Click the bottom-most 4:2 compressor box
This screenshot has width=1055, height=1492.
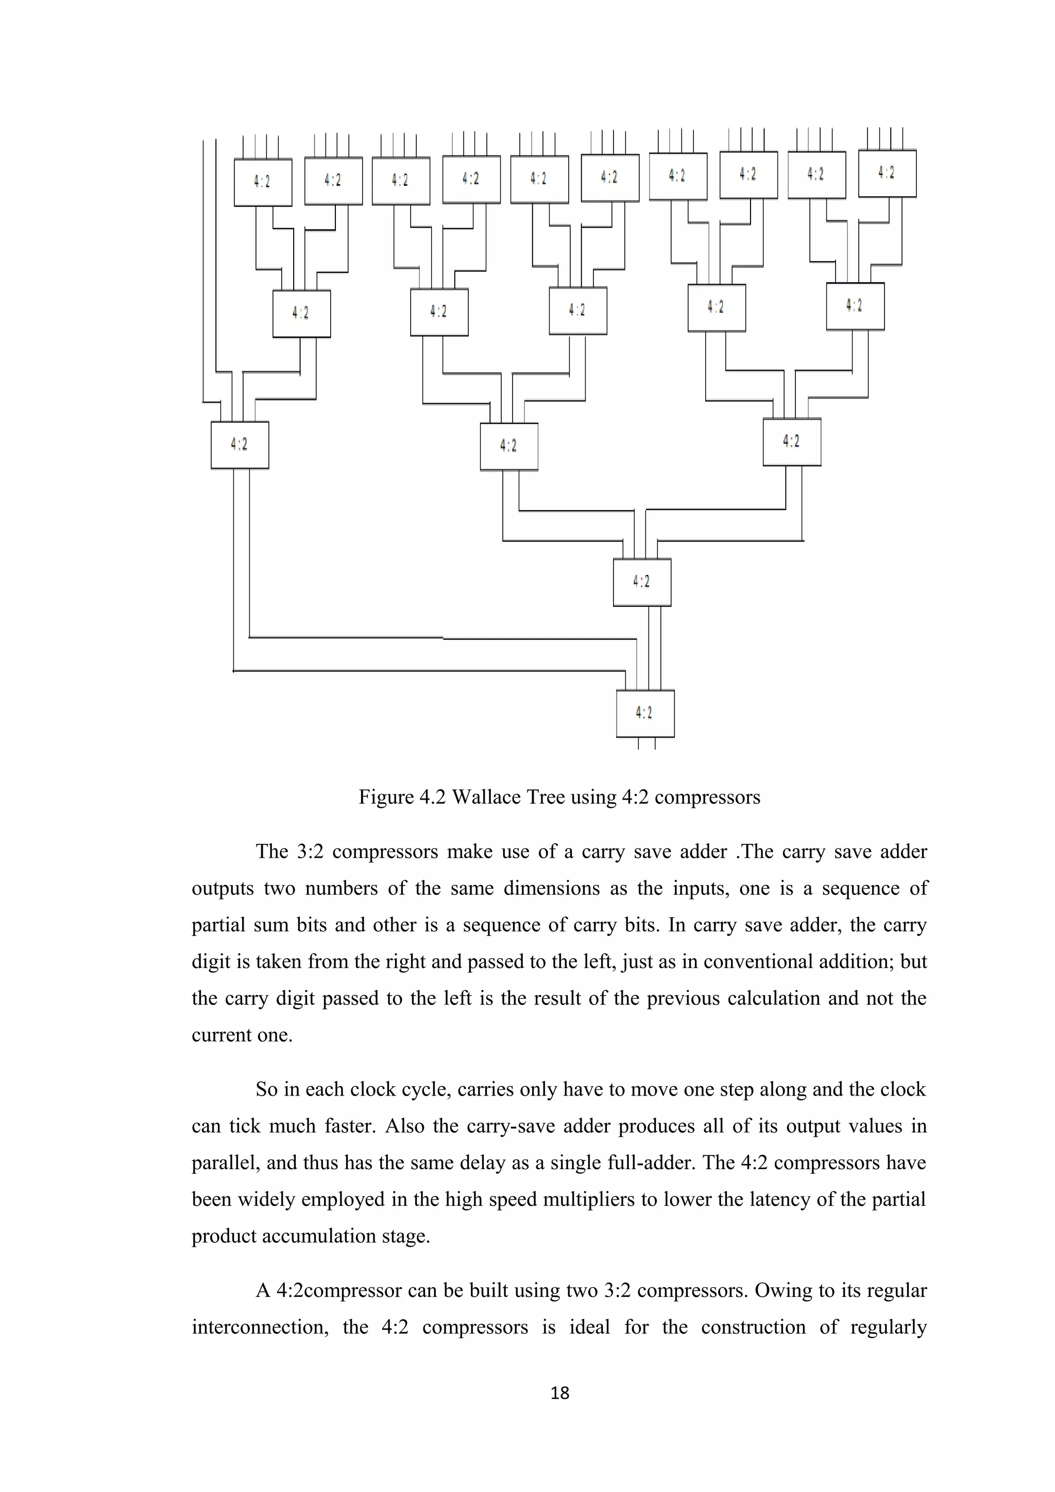click(x=645, y=714)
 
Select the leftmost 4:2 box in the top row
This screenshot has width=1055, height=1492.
click(x=263, y=182)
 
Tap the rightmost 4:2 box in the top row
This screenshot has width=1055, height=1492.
click(x=887, y=174)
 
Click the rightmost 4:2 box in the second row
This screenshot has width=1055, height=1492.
click(x=855, y=306)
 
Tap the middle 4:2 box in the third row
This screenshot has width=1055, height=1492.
click(x=508, y=446)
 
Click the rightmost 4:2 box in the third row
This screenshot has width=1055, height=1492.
click(x=791, y=442)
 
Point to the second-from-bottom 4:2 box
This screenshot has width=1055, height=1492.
click(x=641, y=582)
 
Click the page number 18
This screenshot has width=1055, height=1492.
click(x=559, y=1393)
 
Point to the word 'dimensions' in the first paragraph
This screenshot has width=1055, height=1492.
click(x=551, y=888)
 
